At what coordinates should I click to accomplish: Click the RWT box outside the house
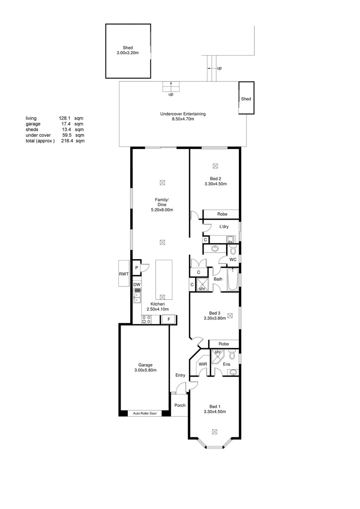pyautogui.click(x=124, y=273)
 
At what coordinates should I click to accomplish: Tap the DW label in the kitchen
pyautogui.click(x=137, y=285)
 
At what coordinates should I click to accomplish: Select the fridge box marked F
pyautogui.click(x=168, y=320)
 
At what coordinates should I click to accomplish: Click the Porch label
pyautogui.click(x=180, y=405)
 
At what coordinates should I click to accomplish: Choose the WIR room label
pyautogui.click(x=203, y=364)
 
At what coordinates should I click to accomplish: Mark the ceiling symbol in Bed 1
pyautogui.click(x=215, y=431)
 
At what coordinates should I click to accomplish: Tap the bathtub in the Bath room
pyautogui.click(x=232, y=279)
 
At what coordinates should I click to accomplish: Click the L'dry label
pyautogui.click(x=224, y=227)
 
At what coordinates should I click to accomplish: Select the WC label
pyautogui.click(x=232, y=260)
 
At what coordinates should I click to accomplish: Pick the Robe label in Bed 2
pyautogui.click(x=222, y=214)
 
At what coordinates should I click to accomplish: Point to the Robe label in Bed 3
pyautogui.click(x=224, y=344)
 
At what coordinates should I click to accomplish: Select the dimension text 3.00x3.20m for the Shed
pyautogui.click(x=128, y=53)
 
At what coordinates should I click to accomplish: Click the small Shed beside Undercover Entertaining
pyautogui.click(x=246, y=99)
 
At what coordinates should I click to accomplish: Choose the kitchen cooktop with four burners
pyautogui.click(x=147, y=319)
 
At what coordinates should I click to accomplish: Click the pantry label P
pyautogui.click(x=136, y=268)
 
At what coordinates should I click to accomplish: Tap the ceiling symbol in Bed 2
pyautogui.click(x=215, y=166)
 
